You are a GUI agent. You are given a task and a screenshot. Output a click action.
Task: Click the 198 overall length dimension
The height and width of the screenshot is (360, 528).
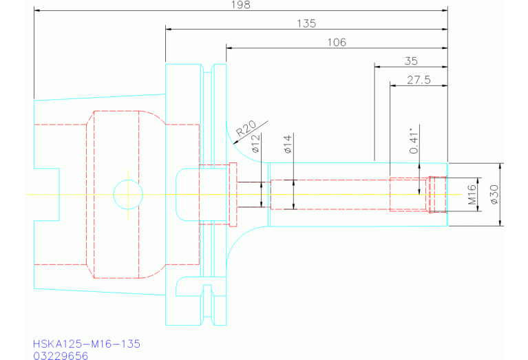(x=241, y=5)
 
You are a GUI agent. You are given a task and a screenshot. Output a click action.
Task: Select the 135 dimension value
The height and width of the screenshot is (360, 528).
(x=306, y=23)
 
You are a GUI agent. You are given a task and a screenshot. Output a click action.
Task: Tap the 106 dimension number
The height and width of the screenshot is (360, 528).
(x=337, y=42)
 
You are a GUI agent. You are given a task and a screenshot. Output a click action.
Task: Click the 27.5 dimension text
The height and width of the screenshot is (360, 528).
(x=419, y=80)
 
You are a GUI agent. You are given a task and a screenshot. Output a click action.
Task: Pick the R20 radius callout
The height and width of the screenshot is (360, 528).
(x=246, y=128)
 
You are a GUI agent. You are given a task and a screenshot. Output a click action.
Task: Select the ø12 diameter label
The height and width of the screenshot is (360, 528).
(x=255, y=144)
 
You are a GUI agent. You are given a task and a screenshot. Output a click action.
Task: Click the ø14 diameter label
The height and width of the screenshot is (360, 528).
(x=288, y=143)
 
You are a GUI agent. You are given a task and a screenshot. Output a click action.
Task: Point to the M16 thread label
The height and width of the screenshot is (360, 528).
(x=473, y=195)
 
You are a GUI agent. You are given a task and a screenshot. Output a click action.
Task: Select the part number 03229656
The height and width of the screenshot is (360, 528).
(x=61, y=355)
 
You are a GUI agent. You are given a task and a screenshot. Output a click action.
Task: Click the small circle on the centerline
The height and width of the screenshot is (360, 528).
(x=127, y=194)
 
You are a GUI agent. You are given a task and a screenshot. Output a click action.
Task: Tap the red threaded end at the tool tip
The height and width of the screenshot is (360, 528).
(x=437, y=194)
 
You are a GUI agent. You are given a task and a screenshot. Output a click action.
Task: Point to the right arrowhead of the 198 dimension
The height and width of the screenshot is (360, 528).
(x=444, y=10)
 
